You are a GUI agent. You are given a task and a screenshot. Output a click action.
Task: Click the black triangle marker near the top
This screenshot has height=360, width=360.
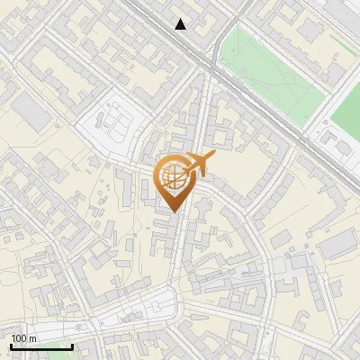click(181, 24)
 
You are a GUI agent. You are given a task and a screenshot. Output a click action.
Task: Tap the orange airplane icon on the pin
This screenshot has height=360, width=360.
click(200, 163)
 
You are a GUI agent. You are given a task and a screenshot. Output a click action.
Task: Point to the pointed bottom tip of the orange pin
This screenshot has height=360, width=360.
click(174, 211)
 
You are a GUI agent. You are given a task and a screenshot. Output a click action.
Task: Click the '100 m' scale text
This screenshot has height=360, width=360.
click(23, 338)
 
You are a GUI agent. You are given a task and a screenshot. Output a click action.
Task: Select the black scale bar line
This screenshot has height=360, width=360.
click(41, 346)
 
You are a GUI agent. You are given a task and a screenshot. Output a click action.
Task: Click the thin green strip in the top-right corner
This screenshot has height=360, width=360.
click(342, 40)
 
